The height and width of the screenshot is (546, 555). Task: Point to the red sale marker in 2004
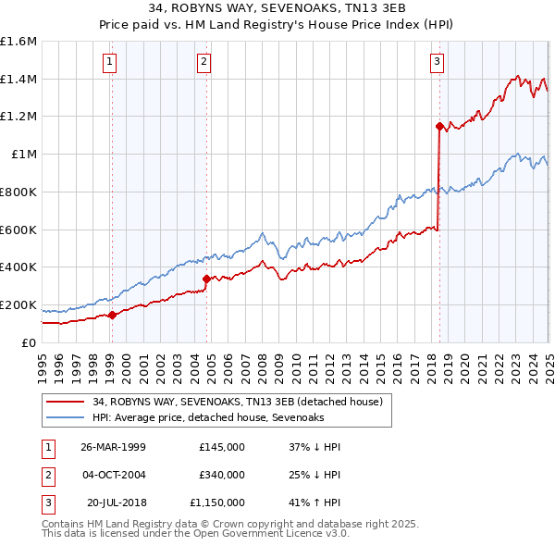click(206, 278)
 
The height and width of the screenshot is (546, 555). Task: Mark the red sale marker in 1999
click(112, 315)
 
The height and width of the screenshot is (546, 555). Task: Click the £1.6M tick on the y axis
click(18, 42)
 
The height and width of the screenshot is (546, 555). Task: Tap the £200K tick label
click(18, 304)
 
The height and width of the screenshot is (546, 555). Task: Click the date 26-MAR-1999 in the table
click(113, 447)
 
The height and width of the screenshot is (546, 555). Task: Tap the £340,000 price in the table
click(222, 476)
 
